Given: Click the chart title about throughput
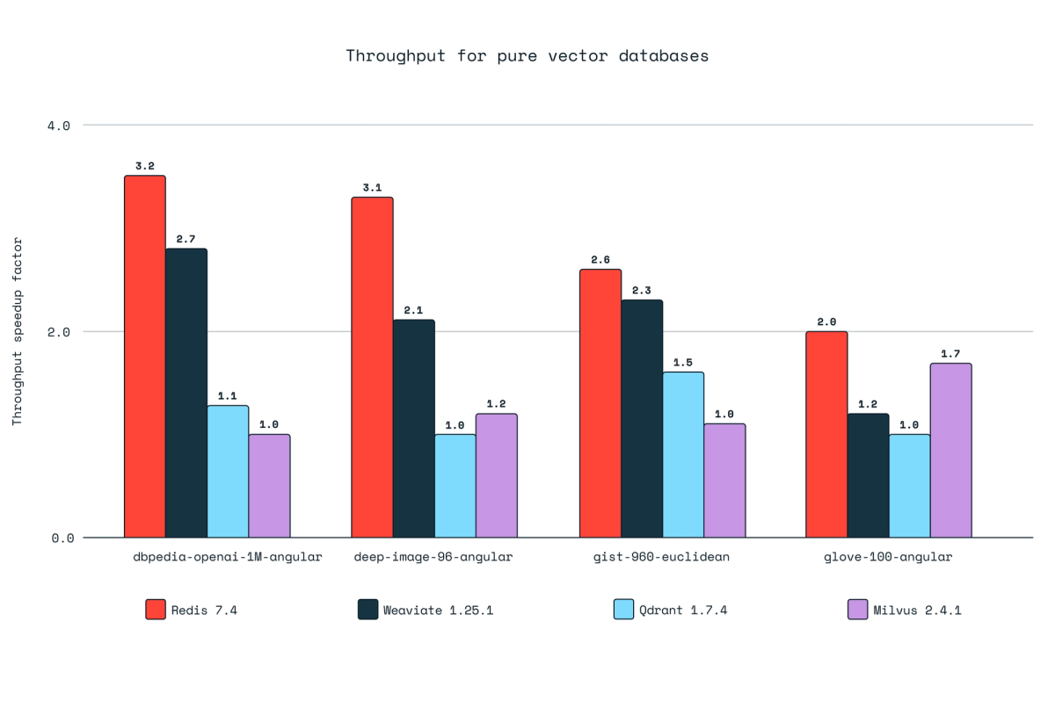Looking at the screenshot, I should tap(527, 56).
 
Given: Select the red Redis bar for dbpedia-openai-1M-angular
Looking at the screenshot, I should tap(144, 356).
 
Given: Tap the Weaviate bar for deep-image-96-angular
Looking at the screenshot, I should tap(413, 428).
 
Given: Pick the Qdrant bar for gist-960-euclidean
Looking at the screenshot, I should tap(683, 454).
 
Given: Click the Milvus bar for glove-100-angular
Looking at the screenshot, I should tap(950, 450).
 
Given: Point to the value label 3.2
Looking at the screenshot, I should tap(144, 166).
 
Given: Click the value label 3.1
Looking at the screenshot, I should tap(372, 187).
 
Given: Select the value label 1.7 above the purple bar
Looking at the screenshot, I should tap(950, 353).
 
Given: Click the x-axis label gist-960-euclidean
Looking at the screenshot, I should tap(662, 557).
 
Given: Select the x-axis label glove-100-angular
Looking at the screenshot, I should tap(888, 557).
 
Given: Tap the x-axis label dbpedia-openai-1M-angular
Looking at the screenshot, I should tap(227, 557).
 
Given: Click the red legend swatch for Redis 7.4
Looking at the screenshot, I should tap(156, 610).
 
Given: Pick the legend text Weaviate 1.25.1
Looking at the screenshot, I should tap(438, 610).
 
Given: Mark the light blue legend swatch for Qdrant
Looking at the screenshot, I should tap(623, 610).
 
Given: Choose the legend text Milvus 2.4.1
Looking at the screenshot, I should tap(917, 610).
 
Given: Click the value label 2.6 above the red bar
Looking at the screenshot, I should tap(600, 259).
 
